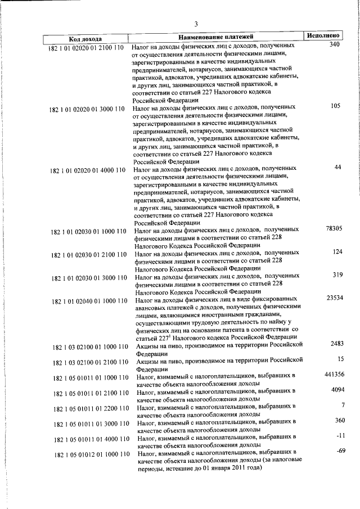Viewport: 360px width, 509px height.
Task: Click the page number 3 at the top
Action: (x=196, y=24)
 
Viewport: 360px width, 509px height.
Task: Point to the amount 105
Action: (x=336, y=105)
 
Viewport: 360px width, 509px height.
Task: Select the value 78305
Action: (x=334, y=228)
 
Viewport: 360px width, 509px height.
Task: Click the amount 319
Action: (x=337, y=274)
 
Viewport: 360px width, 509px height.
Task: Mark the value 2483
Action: (x=336, y=343)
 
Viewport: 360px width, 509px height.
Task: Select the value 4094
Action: (x=336, y=389)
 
